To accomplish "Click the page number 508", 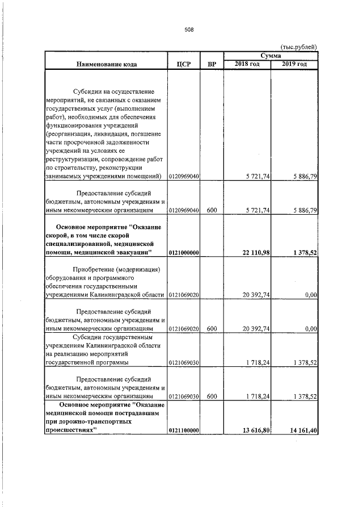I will pyautogui.click(x=189, y=30).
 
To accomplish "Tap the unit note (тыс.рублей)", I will pyautogui.click(x=299, y=47).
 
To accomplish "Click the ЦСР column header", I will pyautogui.click(x=183, y=64).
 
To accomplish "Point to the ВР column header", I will pyautogui.click(x=212, y=64).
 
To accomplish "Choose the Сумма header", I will pyautogui.click(x=271, y=56).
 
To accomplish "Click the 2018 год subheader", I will pyautogui.click(x=247, y=64).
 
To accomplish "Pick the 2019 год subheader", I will pyautogui.click(x=294, y=64).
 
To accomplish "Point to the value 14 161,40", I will pyautogui.click(x=301, y=431).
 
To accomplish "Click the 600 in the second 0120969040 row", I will pyautogui.click(x=212, y=211).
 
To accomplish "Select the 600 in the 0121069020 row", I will pyautogui.click(x=212, y=328).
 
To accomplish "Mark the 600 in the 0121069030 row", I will pyautogui.click(x=212, y=396).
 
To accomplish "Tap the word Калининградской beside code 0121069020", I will pyautogui.click(x=124, y=295).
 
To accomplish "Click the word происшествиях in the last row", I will pyautogui.click(x=66, y=431).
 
